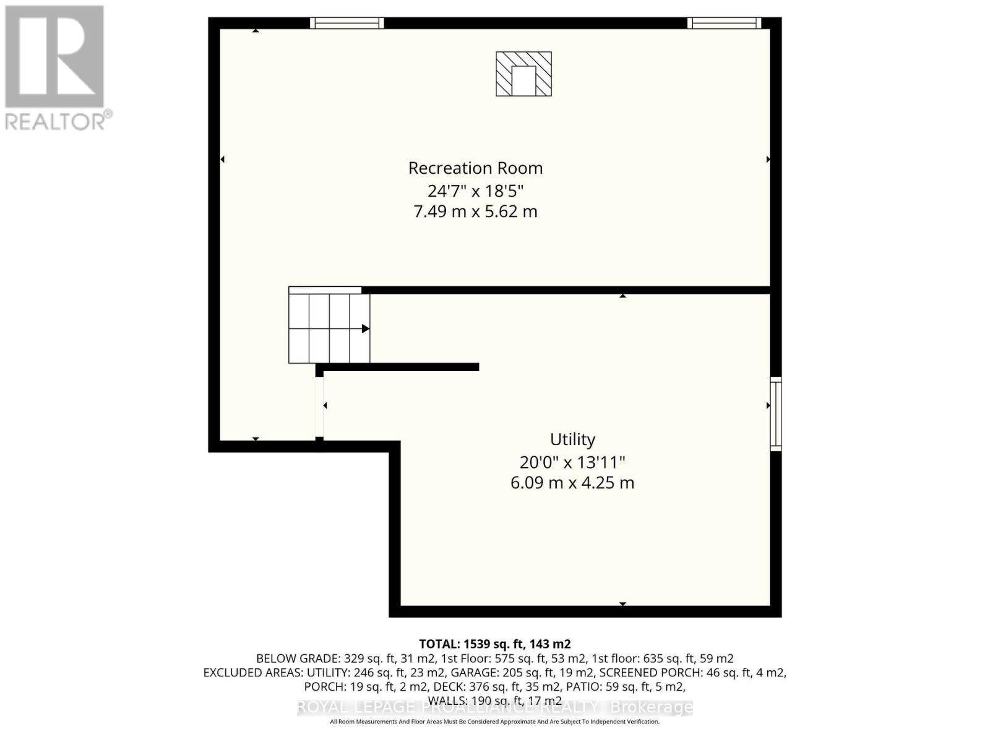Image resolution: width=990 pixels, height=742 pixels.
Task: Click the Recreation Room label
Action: click(x=475, y=168)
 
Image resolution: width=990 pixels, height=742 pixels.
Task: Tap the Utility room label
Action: click(x=572, y=440)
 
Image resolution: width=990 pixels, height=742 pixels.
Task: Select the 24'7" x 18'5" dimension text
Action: click(x=475, y=190)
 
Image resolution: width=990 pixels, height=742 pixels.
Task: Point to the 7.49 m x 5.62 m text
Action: click(x=475, y=211)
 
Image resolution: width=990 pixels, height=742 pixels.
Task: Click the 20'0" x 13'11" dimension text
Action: click(x=572, y=462)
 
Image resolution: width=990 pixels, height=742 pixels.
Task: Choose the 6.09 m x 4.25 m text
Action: click(x=572, y=483)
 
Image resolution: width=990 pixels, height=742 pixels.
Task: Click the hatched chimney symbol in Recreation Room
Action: click(x=523, y=74)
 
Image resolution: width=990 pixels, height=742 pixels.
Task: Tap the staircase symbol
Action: click(x=329, y=328)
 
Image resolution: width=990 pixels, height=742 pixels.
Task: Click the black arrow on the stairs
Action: click(x=366, y=328)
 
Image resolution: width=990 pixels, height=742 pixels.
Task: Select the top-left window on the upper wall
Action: click(x=346, y=23)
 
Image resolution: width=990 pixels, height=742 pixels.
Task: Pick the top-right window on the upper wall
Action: click(x=724, y=23)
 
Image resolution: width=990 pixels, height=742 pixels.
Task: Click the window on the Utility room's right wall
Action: click(x=775, y=414)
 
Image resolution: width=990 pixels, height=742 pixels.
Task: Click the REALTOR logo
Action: click(x=56, y=68)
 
